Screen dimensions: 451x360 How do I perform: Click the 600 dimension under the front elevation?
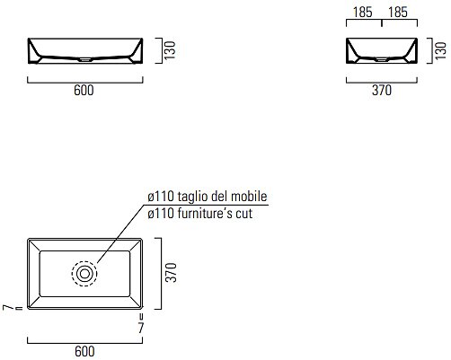pos(84,90)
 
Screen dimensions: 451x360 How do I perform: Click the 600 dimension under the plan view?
pos(84,352)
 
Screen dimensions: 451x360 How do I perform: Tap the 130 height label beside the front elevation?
pos(171,50)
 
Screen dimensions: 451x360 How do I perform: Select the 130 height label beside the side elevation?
pos(440,51)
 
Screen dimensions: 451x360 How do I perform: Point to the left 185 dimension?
pos(363,13)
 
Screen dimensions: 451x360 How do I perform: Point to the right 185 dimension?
pos(398,13)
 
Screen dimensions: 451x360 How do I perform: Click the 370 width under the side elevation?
pos(382,90)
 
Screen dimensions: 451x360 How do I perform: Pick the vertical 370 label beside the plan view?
pos(172,272)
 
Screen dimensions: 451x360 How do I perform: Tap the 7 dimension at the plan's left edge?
pos(8,307)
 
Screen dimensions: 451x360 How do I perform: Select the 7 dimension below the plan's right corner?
pos(141,328)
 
